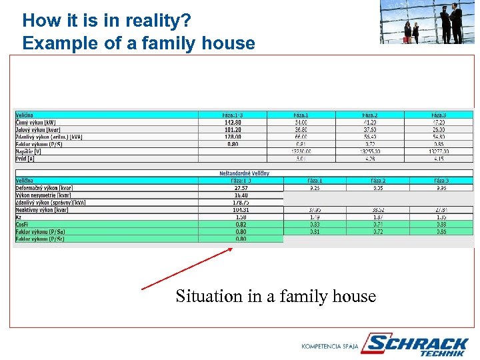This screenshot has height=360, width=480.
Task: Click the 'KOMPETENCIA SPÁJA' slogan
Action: pyautogui.click(x=330, y=347)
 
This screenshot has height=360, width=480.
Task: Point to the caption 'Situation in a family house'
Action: pyautogui.click(x=276, y=296)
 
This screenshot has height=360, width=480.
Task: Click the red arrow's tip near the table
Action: pyautogui.click(x=232, y=249)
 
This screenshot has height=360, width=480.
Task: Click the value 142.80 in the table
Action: pyautogui.click(x=233, y=123)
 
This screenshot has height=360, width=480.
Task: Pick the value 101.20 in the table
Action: pyautogui.click(x=233, y=130)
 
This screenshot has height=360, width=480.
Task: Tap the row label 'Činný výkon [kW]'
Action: pyautogui.click(x=37, y=123)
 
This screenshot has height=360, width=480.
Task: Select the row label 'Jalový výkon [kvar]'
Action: pyautogui.click(x=39, y=130)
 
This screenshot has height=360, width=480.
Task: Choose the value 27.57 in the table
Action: pyautogui.click(x=241, y=188)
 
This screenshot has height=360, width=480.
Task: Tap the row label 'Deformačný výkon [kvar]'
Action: pyautogui.click(x=44, y=188)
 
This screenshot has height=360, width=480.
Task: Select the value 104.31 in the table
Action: pyautogui.click(x=241, y=209)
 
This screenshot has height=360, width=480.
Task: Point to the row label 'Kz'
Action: pyautogui.click(x=19, y=217)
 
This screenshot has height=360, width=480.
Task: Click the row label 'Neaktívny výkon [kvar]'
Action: pyautogui.click(x=42, y=209)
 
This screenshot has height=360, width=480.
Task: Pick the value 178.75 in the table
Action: pyautogui.click(x=241, y=202)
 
